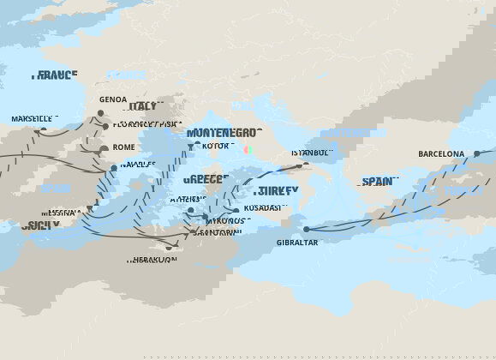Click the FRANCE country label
[x=56, y=75]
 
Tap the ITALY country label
[x=142, y=106]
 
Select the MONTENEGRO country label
[x=211, y=133]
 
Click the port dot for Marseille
[x=44, y=130]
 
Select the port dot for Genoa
[x=100, y=112]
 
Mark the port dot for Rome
[x=104, y=148]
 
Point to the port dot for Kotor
[x=190, y=146]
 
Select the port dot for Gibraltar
[x=306, y=229]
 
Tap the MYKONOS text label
[x=221, y=220]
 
